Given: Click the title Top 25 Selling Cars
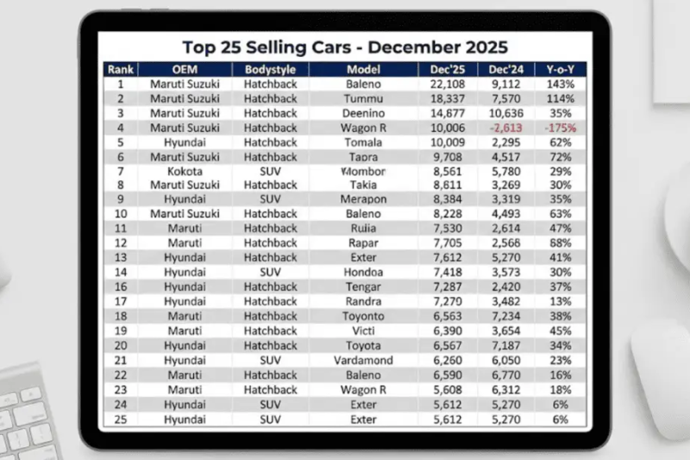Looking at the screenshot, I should [x=345, y=47].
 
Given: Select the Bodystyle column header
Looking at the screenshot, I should [x=271, y=69].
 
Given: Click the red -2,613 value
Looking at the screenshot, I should [x=506, y=128].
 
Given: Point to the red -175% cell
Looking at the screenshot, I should [x=560, y=128].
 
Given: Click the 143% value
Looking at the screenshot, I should [x=560, y=85].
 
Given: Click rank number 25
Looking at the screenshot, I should [x=121, y=419].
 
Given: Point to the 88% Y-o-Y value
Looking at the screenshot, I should [x=560, y=243].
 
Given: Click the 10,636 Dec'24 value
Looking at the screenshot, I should [x=506, y=113].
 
